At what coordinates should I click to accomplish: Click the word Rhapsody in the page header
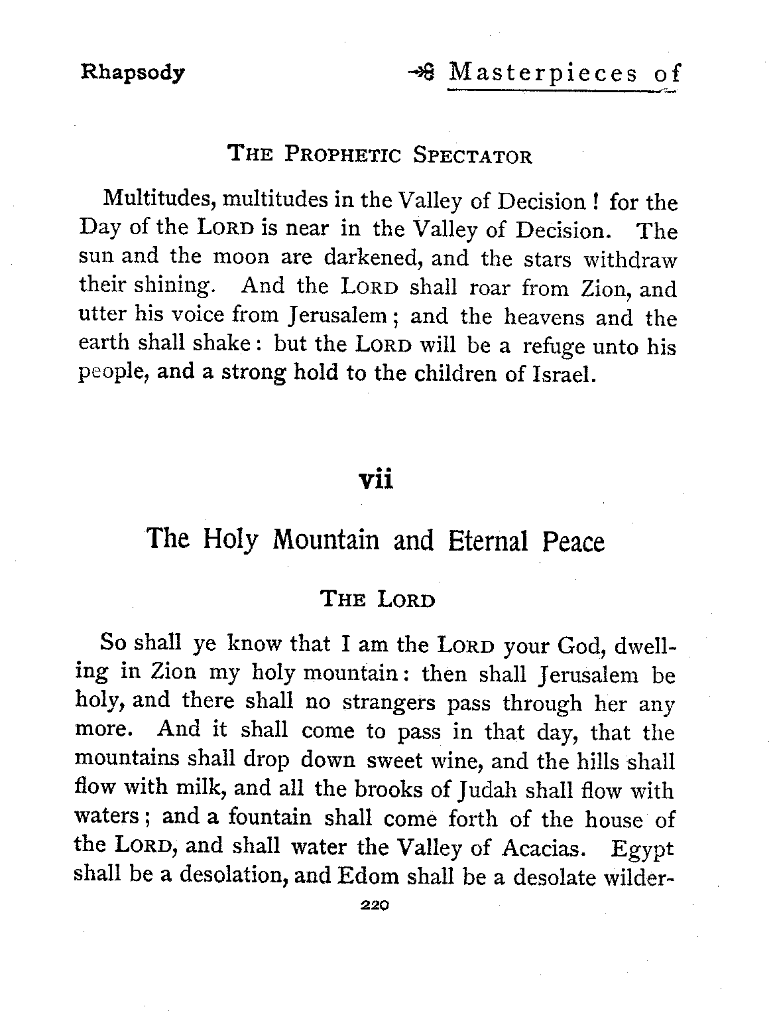132,72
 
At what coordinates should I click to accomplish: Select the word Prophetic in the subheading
343,157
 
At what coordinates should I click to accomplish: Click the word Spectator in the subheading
472,157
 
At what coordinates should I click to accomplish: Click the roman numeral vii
375,479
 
